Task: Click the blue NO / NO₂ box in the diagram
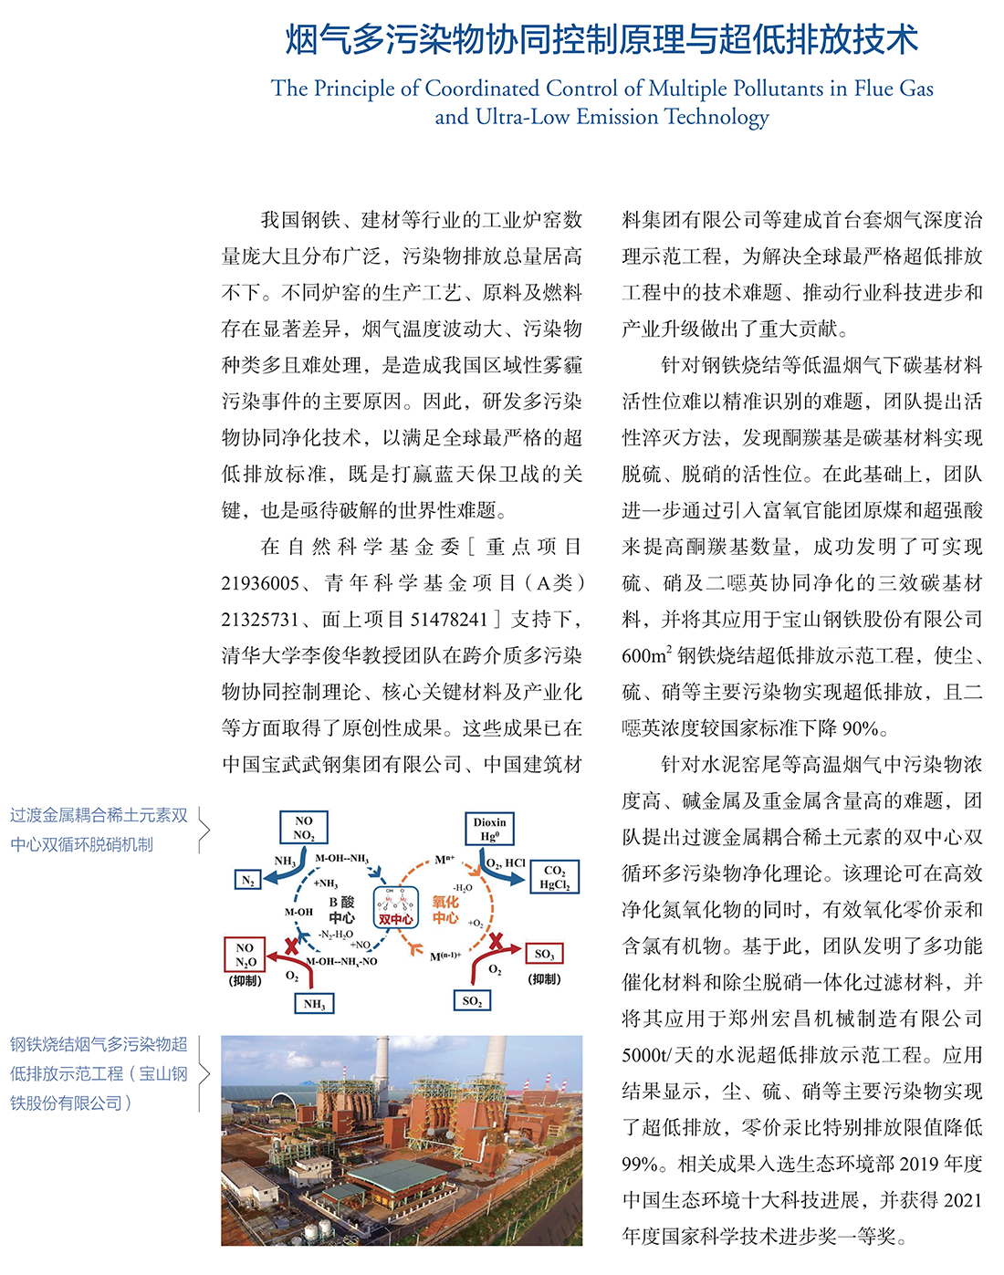[x=304, y=828]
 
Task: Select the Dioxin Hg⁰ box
[x=490, y=828]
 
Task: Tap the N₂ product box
[x=247, y=880]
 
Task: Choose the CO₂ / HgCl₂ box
[x=554, y=877]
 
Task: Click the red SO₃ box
[x=544, y=954]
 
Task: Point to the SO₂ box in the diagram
[x=472, y=1001]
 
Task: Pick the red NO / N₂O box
[x=245, y=955]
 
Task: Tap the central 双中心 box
[x=396, y=908]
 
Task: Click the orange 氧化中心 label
[x=445, y=909]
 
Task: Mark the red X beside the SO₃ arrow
[x=497, y=941]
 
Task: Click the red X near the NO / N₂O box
[x=291, y=946]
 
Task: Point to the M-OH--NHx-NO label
[x=341, y=961]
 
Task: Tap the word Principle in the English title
[x=352, y=89]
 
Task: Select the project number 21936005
[x=260, y=583]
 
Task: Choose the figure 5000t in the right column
[x=643, y=1055]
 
